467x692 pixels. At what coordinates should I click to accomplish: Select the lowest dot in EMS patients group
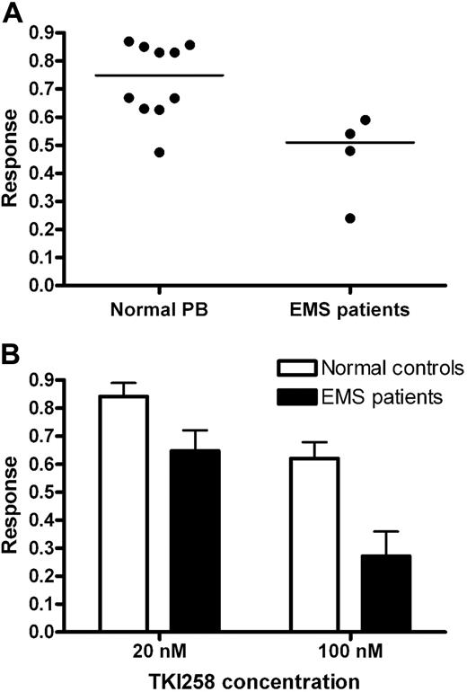pos(350,218)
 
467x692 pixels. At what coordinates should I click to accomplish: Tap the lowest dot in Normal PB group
pos(159,152)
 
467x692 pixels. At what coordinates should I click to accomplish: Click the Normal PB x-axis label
pos(160,310)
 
